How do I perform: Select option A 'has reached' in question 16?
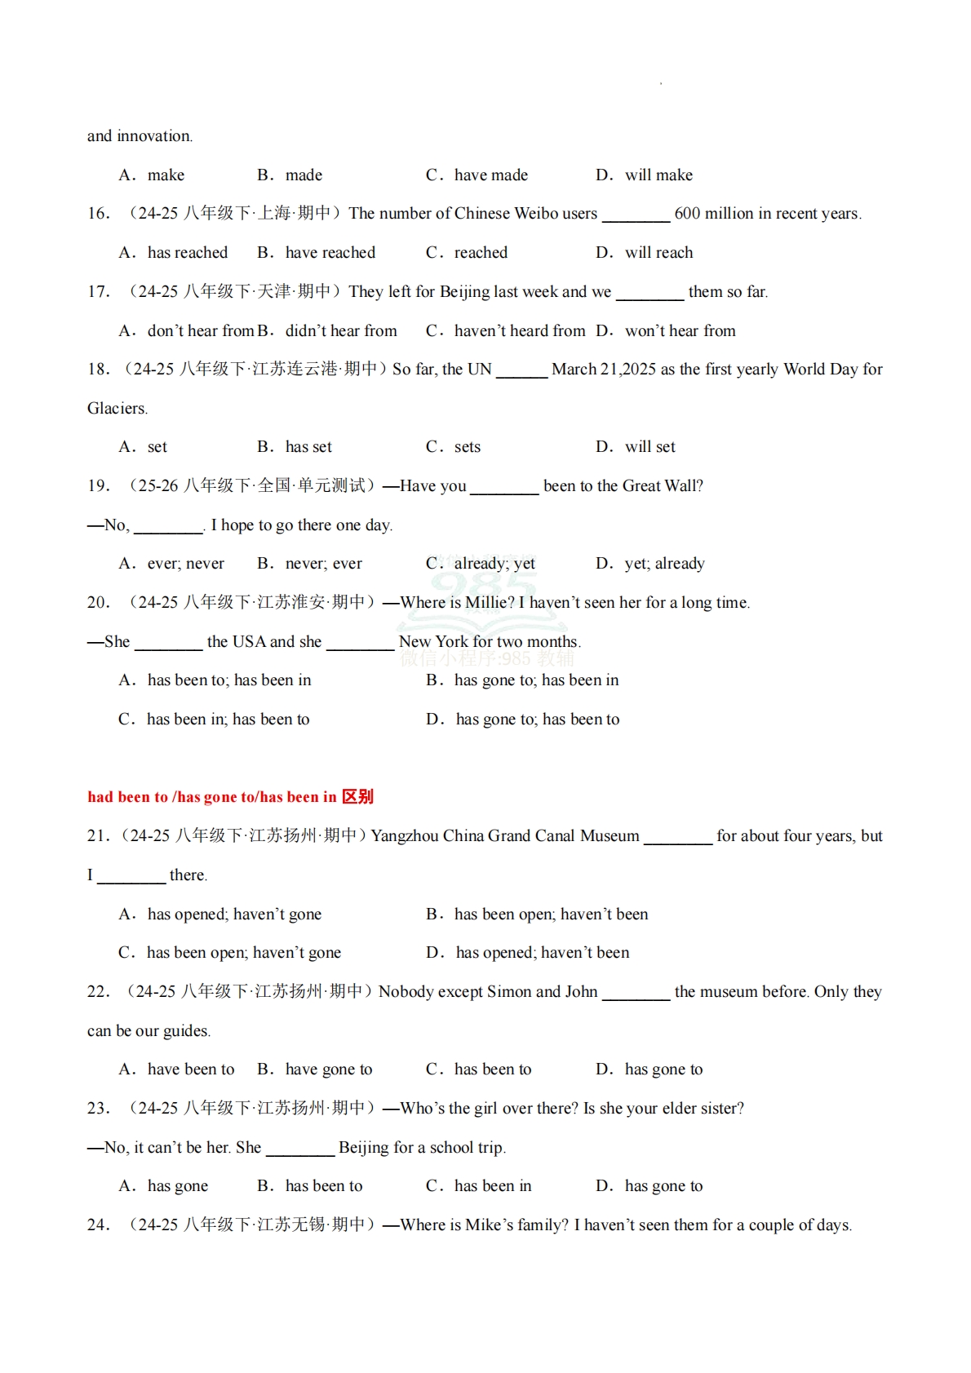(x=187, y=253)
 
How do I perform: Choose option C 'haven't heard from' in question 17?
(x=519, y=331)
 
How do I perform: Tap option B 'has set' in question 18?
(x=308, y=447)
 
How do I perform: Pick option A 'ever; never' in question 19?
(x=185, y=564)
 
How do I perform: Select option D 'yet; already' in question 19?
(x=664, y=564)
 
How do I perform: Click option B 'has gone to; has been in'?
(x=536, y=680)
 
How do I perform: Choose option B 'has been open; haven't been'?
(x=551, y=915)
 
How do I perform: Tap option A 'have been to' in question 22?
(x=190, y=1070)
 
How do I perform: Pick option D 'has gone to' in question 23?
(x=663, y=1186)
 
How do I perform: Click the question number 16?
(x=98, y=214)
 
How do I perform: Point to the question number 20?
(x=98, y=603)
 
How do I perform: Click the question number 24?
(x=98, y=1225)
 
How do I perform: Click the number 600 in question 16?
(x=687, y=214)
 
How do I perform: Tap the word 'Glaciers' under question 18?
(x=117, y=409)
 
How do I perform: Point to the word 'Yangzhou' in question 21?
(x=404, y=836)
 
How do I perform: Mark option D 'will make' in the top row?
(x=658, y=175)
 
